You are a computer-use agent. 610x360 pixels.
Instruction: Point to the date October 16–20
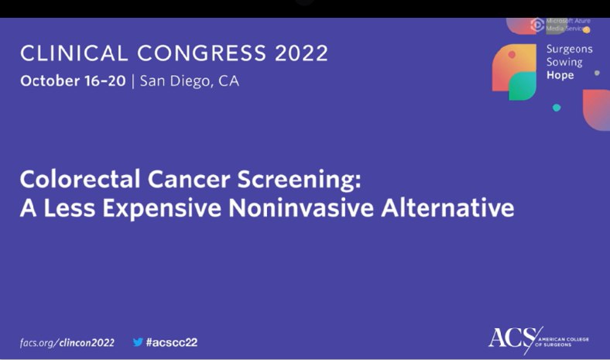coord(73,81)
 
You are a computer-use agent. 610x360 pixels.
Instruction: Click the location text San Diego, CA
coord(189,81)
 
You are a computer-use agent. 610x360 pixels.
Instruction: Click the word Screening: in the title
coord(306,180)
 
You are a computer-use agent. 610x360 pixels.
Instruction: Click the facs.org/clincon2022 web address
coord(67,342)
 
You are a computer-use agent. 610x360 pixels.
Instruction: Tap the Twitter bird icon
coord(138,341)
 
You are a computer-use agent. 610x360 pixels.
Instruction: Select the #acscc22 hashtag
coord(171,342)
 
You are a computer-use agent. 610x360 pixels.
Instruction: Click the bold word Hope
coord(560,75)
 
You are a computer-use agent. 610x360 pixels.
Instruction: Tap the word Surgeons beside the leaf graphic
coord(570,49)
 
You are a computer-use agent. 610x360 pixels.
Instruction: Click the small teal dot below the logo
coord(557,108)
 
